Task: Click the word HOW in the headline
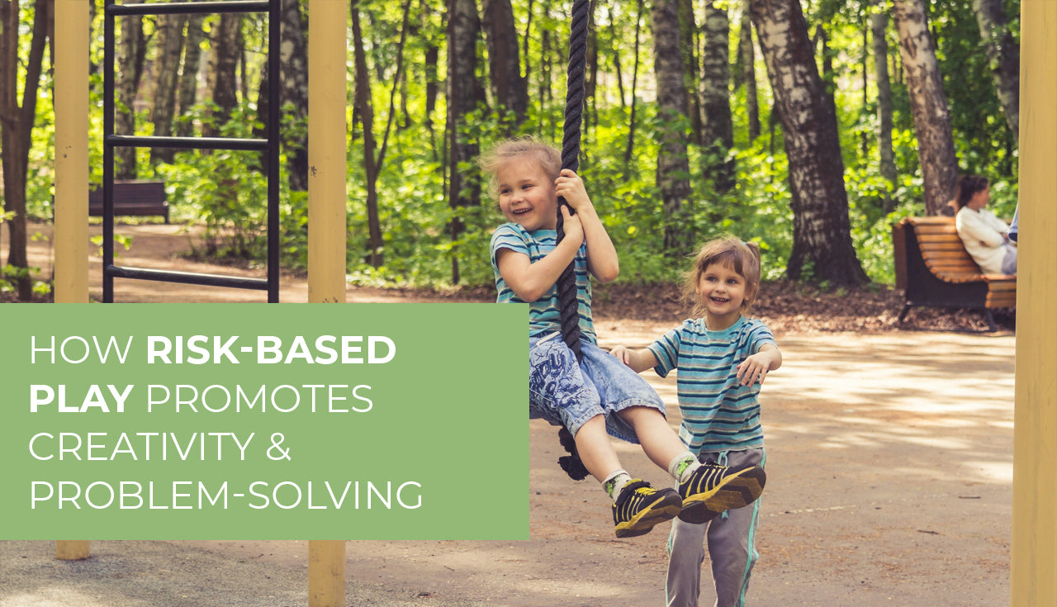click(81, 350)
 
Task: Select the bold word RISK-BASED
click(271, 350)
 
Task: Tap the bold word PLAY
click(80, 398)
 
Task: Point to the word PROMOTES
click(259, 398)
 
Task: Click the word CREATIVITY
click(141, 446)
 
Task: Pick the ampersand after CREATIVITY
click(278, 446)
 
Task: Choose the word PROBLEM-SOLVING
click(225, 494)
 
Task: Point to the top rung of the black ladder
click(191, 8)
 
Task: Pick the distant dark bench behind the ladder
click(129, 201)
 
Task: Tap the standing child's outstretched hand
click(754, 369)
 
